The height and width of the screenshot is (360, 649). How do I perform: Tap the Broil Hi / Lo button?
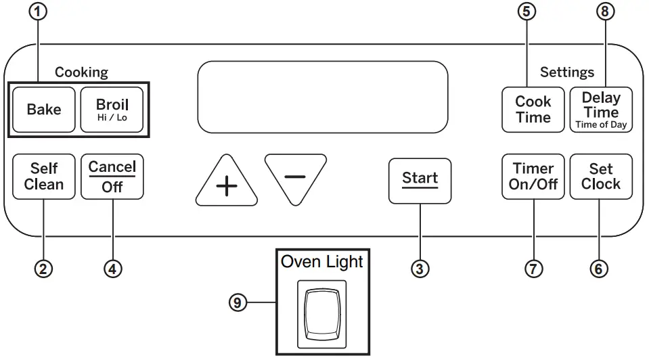(112, 109)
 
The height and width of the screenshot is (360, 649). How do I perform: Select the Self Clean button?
(44, 177)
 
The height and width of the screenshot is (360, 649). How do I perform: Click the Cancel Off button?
(112, 177)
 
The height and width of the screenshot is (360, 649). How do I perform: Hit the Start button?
(420, 179)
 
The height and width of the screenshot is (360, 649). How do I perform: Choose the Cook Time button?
(533, 109)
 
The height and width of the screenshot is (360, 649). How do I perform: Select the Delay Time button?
(601, 109)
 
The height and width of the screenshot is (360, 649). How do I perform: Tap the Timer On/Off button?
(533, 177)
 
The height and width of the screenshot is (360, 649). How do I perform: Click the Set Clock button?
(601, 177)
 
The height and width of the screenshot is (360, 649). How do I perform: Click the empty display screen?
(322, 97)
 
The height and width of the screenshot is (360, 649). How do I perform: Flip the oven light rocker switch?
(322, 314)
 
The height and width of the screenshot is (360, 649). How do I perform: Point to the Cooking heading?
(81, 72)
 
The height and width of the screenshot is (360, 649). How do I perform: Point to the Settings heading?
(567, 72)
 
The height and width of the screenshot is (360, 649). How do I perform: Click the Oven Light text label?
(322, 263)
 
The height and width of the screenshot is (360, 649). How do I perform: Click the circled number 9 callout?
(236, 302)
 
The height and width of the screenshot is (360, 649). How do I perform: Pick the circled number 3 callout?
(420, 269)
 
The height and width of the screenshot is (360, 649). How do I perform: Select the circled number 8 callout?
(605, 12)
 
